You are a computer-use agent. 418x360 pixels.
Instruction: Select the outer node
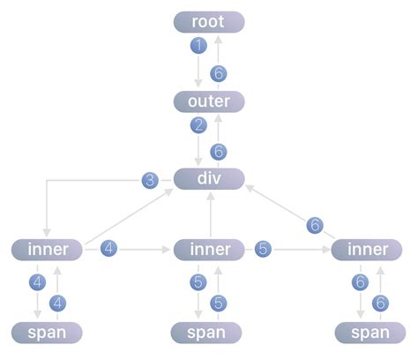[x=209, y=101]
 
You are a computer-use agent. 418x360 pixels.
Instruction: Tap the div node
[x=209, y=180]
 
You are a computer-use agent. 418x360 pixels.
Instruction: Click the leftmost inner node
[x=47, y=250]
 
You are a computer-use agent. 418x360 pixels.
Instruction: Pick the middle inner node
[x=209, y=250]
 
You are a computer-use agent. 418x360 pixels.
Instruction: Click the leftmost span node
[x=47, y=333]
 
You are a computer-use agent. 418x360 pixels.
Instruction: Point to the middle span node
[x=209, y=333]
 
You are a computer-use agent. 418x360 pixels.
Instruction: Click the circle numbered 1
[x=198, y=45]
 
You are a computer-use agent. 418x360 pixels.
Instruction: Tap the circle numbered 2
[x=198, y=124]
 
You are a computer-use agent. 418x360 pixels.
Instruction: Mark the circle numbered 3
[x=151, y=181]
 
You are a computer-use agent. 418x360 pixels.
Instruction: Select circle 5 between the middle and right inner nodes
[x=263, y=250]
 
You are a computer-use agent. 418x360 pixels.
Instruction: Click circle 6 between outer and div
[x=220, y=152]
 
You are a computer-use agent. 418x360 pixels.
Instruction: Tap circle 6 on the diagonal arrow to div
[x=315, y=225]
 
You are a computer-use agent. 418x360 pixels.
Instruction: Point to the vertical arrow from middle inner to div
[x=209, y=214]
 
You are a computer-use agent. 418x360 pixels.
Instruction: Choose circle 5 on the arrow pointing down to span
[x=198, y=282]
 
